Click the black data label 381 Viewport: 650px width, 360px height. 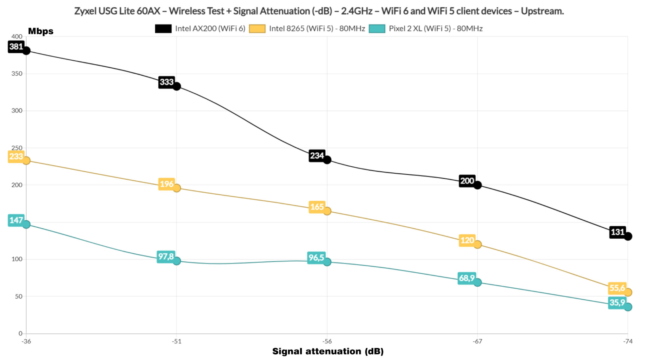click(x=16, y=47)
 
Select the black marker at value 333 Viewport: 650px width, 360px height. click(x=177, y=86)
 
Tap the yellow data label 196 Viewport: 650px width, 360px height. click(x=166, y=184)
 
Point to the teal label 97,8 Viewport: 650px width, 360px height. click(x=166, y=257)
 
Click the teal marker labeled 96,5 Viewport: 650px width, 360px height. click(x=327, y=262)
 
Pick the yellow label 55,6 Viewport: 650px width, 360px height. click(x=617, y=288)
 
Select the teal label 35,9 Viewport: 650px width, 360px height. click(x=617, y=303)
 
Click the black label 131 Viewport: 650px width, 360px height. click(x=617, y=232)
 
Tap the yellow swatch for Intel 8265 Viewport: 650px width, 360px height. click(x=257, y=29)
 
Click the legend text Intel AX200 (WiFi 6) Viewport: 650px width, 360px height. click(x=210, y=29)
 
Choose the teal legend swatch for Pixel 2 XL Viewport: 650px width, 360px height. click(x=377, y=29)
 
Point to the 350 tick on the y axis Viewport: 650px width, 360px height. click(x=17, y=74)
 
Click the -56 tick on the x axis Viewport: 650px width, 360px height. click(x=327, y=341)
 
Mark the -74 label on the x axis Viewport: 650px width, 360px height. click(x=627, y=341)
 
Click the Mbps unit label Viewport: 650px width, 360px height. click(x=41, y=31)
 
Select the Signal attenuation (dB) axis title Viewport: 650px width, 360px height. click(x=328, y=351)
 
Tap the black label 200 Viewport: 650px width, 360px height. click(x=467, y=181)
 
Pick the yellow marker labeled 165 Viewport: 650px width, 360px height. click(x=327, y=211)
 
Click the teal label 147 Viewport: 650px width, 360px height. click(x=16, y=220)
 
